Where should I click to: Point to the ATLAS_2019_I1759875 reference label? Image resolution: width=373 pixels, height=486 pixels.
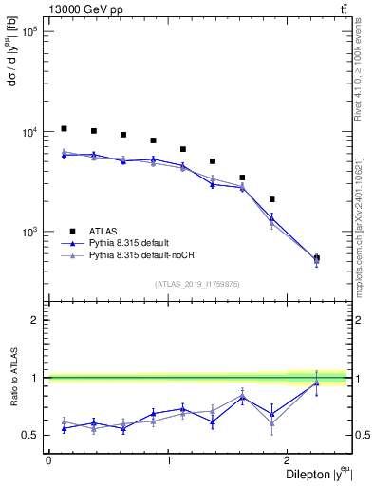point(196,283)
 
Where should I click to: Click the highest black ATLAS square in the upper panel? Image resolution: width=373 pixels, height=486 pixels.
point(64,128)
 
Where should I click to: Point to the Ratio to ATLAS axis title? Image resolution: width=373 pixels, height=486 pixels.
point(12,380)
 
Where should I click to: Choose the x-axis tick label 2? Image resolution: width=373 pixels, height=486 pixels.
point(289,460)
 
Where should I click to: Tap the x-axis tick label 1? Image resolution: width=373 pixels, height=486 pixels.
point(169,460)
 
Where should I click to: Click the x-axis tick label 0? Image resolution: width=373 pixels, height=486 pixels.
point(48,460)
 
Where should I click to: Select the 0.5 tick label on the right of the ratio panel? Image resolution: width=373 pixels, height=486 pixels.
point(360,436)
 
